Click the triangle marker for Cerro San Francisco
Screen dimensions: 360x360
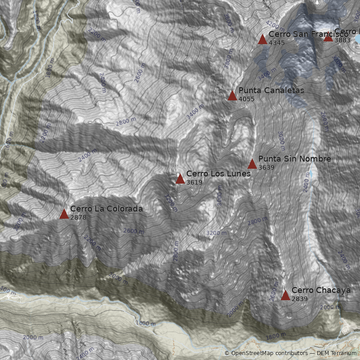(x=262, y=40)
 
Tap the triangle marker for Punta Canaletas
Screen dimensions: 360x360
(x=232, y=95)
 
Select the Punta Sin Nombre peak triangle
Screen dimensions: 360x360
(x=252, y=164)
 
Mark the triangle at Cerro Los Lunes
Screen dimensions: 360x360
(x=180, y=179)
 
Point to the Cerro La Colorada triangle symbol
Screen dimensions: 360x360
(x=64, y=214)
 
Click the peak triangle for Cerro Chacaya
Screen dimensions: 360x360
(x=285, y=295)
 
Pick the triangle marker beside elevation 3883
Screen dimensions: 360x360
(x=328, y=37)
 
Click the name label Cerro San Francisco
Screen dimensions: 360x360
(x=308, y=34)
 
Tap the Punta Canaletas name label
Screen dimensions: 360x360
(x=271, y=90)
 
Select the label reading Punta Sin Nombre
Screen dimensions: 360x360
(x=294, y=159)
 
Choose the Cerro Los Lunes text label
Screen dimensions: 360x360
(x=218, y=174)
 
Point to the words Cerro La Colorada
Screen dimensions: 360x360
(x=106, y=209)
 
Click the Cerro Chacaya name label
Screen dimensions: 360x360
(x=321, y=290)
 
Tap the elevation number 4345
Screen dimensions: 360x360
(x=276, y=43)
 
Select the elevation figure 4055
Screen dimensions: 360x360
(x=246, y=99)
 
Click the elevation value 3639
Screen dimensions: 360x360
(x=266, y=167)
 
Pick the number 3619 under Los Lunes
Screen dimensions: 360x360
(x=194, y=182)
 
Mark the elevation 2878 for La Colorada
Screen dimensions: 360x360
(x=78, y=217)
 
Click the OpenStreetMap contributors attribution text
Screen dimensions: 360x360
(x=265, y=353)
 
